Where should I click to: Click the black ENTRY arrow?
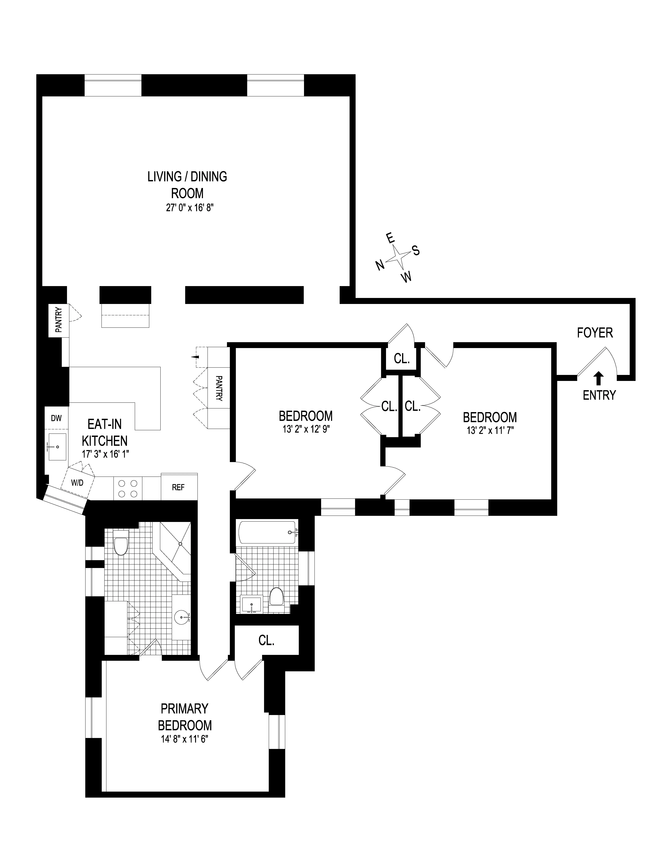pyautogui.click(x=599, y=378)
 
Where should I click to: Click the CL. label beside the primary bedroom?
pyautogui.click(x=266, y=641)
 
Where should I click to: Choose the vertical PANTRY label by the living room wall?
pyautogui.click(x=58, y=320)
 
